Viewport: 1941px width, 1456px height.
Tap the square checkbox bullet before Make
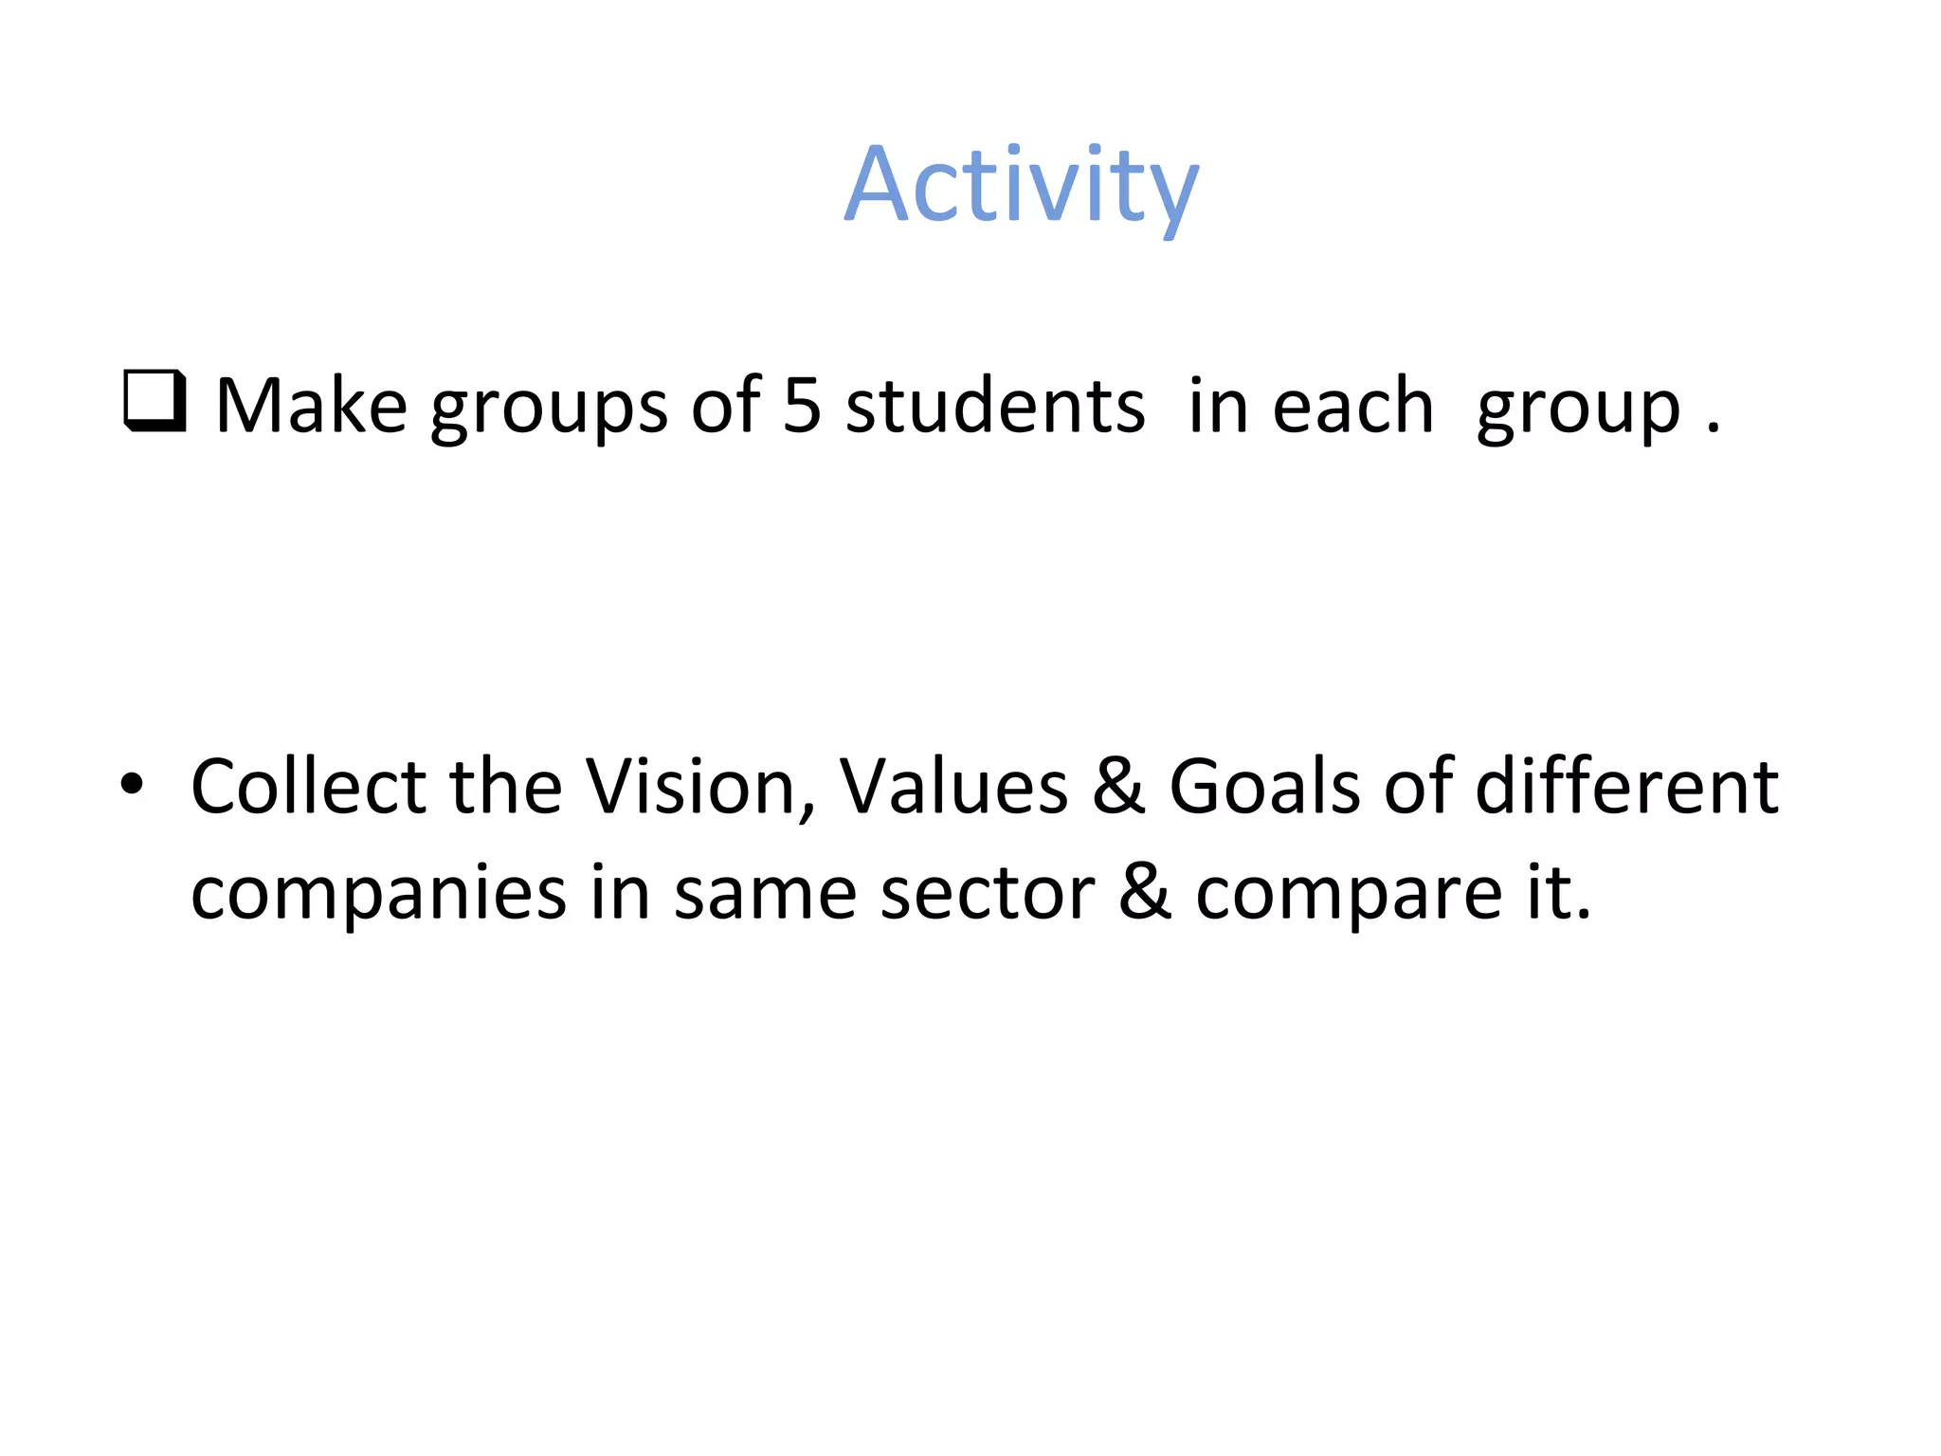pos(154,401)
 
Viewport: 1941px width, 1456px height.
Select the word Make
pos(311,406)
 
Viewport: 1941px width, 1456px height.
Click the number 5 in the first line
pos(802,406)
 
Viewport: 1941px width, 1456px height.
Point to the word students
pos(995,406)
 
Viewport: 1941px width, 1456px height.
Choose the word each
pos(1352,406)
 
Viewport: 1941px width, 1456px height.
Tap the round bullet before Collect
pos(132,785)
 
